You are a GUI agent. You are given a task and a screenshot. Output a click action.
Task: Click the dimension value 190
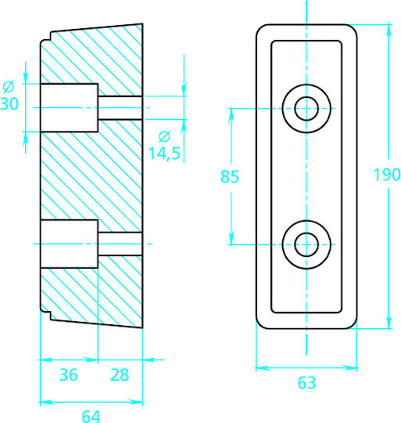(387, 175)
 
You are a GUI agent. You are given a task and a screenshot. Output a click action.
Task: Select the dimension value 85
(230, 177)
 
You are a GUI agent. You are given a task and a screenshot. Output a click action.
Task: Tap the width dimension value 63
(306, 382)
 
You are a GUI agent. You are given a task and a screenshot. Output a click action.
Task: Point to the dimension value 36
(69, 374)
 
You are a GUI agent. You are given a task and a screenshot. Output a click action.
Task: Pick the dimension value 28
(120, 374)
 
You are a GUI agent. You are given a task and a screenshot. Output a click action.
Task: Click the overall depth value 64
(91, 417)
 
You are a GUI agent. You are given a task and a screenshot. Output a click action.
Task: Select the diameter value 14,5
(164, 154)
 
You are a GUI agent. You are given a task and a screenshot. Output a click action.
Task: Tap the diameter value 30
(9, 103)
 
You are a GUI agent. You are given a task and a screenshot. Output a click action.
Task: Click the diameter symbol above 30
(9, 87)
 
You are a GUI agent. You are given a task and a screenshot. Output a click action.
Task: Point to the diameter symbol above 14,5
(164, 136)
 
